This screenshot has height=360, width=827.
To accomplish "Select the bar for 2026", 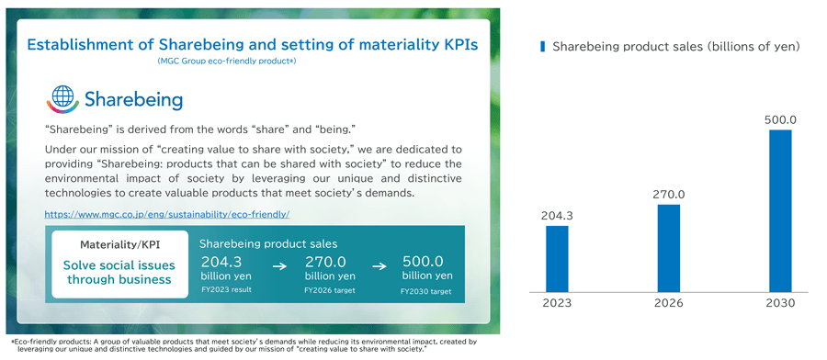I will [x=669, y=247].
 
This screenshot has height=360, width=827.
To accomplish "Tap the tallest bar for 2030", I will [x=780, y=210].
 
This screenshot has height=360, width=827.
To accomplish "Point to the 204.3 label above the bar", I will [x=557, y=216].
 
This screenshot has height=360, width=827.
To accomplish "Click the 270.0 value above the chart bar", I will [x=669, y=195].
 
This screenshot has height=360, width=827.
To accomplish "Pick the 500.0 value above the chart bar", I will [x=780, y=119].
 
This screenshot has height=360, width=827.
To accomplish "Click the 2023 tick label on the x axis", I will [x=557, y=303].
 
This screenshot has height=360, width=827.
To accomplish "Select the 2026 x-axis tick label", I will [x=669, y=303].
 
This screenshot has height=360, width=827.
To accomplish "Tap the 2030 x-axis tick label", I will [x=780, y=303].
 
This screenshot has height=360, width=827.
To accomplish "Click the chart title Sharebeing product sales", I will [x=675, y=46].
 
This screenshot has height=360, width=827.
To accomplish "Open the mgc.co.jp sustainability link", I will [x=167, y=214].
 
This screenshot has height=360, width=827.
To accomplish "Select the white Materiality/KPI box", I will [x=119, y=264].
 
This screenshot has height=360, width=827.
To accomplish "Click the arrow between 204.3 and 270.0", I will [x=279, y=267].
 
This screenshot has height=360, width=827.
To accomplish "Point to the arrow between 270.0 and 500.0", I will [x=378, y=267].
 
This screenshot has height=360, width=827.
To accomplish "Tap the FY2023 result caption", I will [x=226, y=289].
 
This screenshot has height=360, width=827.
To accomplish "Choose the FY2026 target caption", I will [x=329, y=290].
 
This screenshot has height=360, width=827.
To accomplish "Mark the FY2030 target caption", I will [x=426, y=291].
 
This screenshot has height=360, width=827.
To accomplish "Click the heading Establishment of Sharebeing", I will [x=252, y=44].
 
